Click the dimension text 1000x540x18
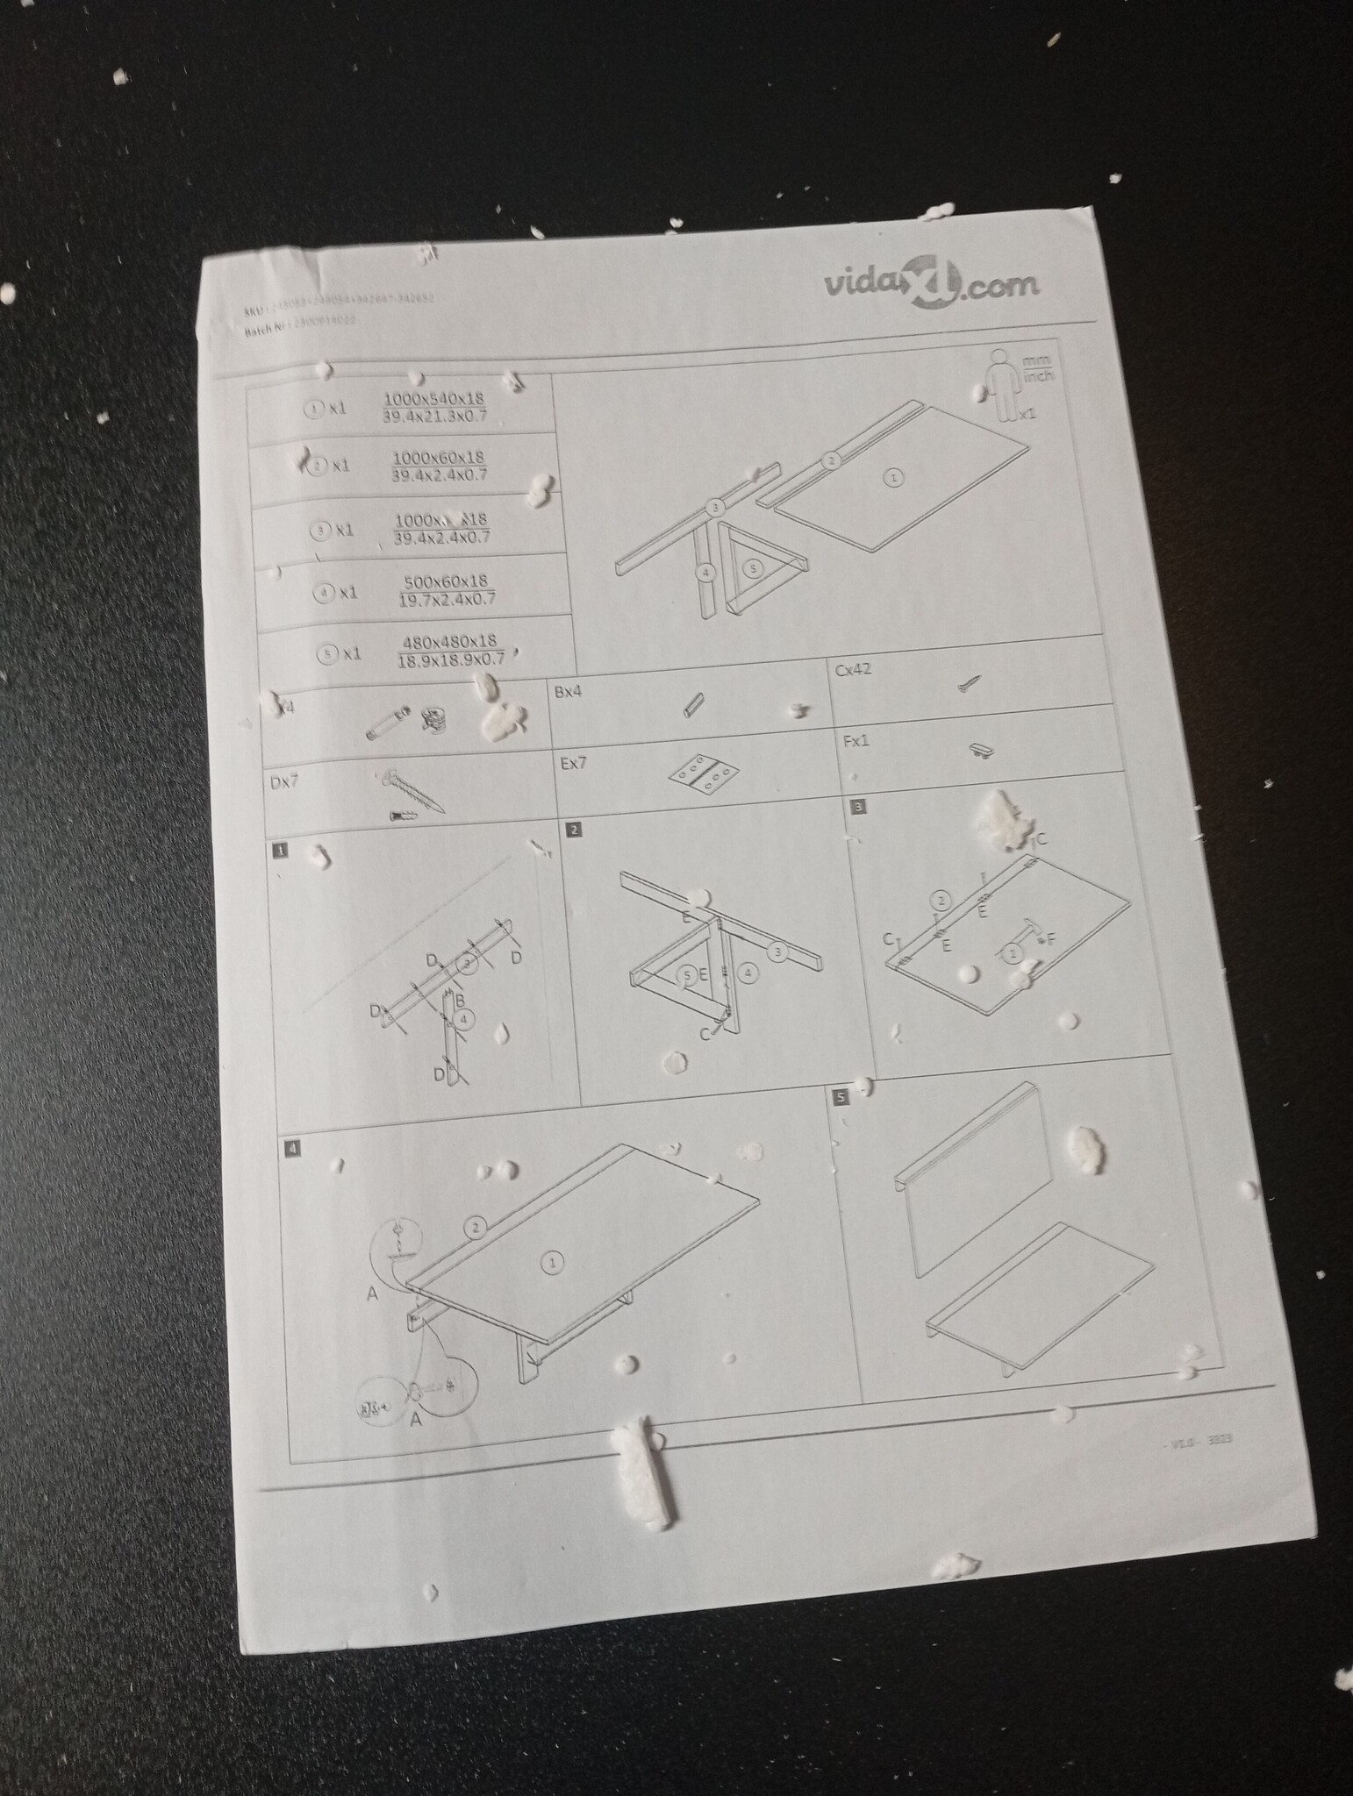pos(433,399)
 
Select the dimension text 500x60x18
pos(446,582)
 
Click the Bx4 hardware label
pos(569,692)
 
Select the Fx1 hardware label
pos(856,741)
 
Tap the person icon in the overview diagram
pos(1000,384)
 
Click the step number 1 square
pos(279,850)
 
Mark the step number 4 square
pos(292,1147)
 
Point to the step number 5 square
pos(842,1096)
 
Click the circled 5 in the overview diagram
pos(752,568)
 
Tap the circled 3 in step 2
pos(777,951)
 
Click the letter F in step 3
pos(1051,939)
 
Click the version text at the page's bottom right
pos(1203,1441)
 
